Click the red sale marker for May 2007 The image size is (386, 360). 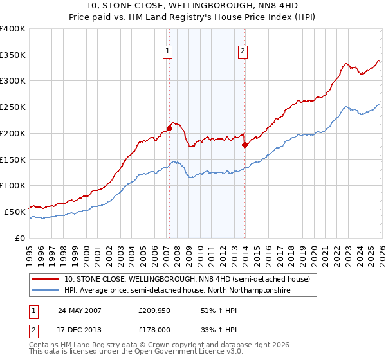click(169, 127)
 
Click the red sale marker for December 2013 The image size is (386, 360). click(244, 145)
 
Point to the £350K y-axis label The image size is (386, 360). click(12, 55)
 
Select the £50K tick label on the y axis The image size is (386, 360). click(15, 212)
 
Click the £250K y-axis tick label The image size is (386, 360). click(12, 107)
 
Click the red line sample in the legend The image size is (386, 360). click(46, 279)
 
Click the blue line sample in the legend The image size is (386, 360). click(46, 291)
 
